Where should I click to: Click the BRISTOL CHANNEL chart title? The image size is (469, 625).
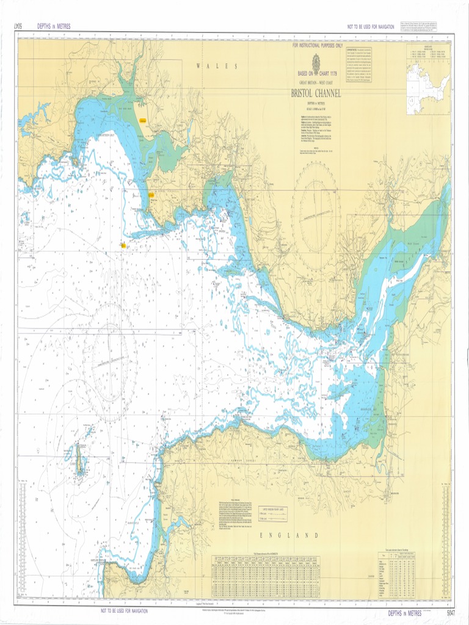coord(316,93)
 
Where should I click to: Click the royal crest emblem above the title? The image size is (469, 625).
coord(316,63)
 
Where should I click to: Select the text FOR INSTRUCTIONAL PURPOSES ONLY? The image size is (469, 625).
coord(317,46)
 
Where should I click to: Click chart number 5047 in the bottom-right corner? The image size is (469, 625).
coord(451,612)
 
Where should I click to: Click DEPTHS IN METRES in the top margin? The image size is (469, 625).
coord(54,26)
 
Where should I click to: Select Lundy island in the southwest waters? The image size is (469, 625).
coord(79,460)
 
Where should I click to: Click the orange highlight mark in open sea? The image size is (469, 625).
coord(123,245)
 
